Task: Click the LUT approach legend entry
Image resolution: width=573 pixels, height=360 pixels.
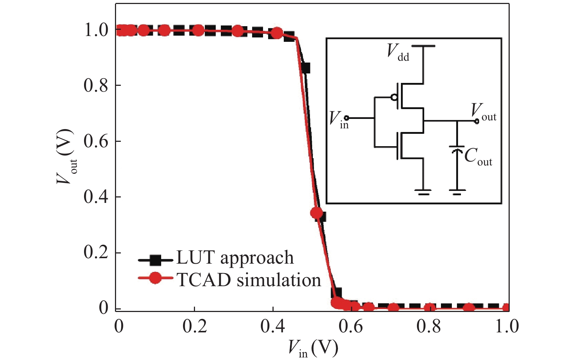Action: (x=235, y=258)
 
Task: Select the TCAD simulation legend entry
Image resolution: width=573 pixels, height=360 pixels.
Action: (x=249, y=280)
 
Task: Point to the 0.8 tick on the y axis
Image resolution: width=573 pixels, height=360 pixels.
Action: (x=96, y=85)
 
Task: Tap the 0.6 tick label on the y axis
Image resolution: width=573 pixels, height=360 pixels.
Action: (x=96, y=141)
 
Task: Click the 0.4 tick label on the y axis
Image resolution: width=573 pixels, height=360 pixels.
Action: (x=96, y=197)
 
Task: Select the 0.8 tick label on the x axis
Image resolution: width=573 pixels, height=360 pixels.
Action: (x=429, y=326)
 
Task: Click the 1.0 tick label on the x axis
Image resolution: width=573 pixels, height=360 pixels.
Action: (x=507, y=326)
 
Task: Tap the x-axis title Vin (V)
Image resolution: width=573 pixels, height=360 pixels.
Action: (x=313, y=348)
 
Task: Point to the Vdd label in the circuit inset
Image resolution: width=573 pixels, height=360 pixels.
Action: (x=398, y=52)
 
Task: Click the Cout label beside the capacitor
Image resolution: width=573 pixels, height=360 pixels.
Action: (x=478, y=157)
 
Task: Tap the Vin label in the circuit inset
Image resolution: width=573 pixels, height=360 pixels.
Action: (x=338, y=119)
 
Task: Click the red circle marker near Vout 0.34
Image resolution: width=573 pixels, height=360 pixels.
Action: (x=317, y=213)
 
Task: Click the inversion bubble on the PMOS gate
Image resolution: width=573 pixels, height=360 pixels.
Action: (x=394, y=97)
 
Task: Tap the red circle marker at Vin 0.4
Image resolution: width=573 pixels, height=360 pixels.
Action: (x=277, y=33)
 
